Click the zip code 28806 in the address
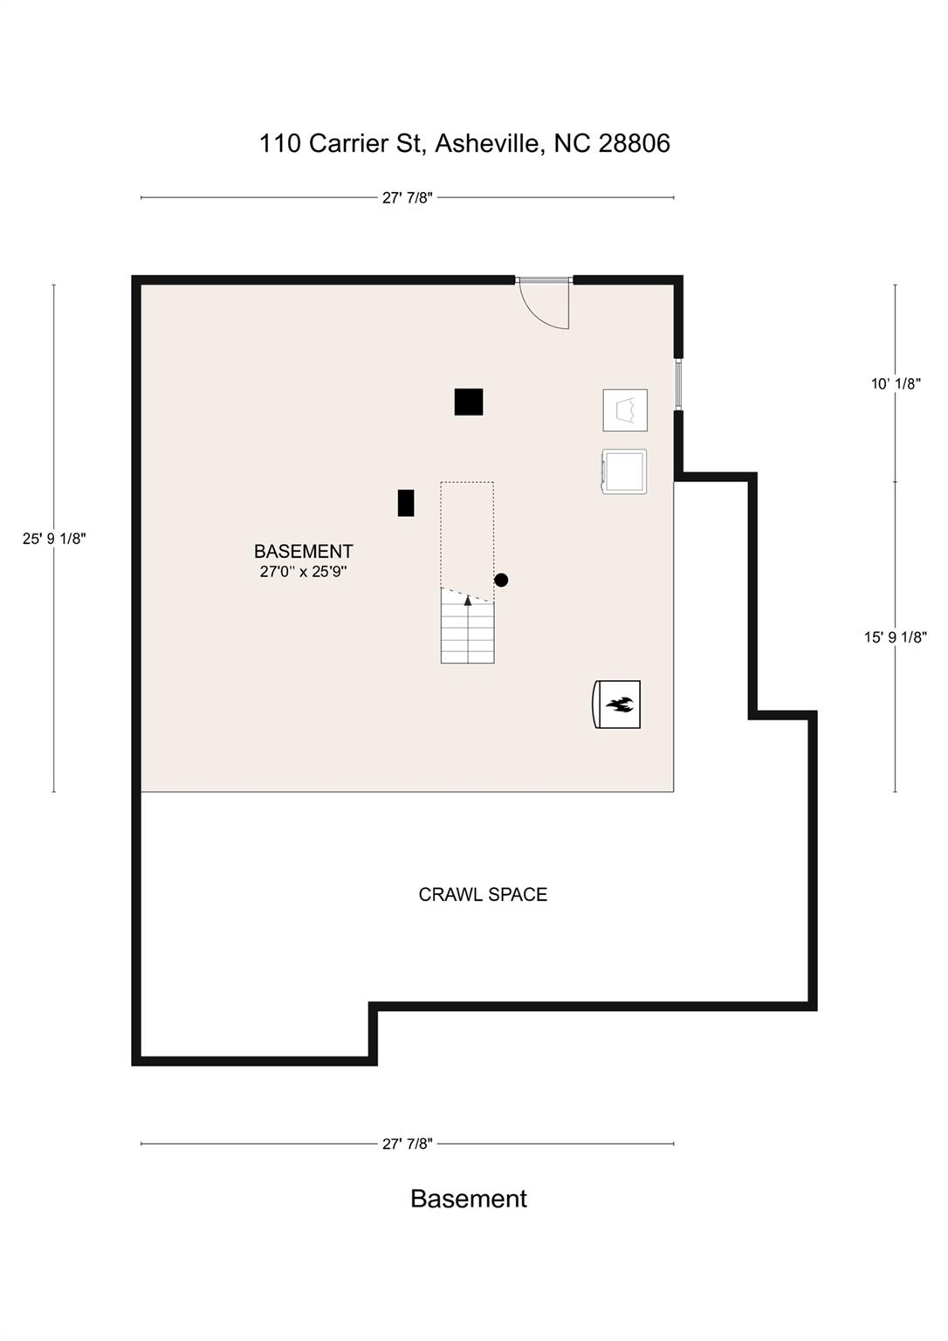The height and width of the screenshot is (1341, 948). click(x=634, y=143)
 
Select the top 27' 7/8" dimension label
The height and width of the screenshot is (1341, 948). click(x=407, y=197)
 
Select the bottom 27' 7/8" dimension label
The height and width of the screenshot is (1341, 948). click(x=407, y=1144)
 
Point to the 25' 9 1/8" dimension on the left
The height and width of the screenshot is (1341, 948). click(x=54, y=539)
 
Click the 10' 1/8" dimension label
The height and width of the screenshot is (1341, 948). click(x=896, y=383)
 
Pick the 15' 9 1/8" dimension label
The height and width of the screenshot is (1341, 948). click(x=896, y=637)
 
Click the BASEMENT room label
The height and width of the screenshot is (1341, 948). click(x=303, y=551)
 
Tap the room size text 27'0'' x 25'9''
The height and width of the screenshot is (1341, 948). click(x=303, y=573)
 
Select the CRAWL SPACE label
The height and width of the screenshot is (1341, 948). click(x=483, y=895)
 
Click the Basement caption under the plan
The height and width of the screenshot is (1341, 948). click(x=469, y=1199)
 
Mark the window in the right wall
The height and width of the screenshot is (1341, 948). click(x=678, y=383)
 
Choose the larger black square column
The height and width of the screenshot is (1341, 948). click(x=469, y=402)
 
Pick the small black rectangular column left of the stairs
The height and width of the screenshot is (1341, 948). click(x=406, y=503)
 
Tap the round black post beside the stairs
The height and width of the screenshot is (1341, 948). click(x=501, y=580)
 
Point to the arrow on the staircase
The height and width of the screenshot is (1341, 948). click(x=468, y=601)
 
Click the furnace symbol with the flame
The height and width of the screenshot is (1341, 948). click(x=618, y=704)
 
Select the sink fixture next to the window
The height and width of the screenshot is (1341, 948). click(x=625, y=410)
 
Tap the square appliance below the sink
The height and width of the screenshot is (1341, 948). click(x=624, y=471)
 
